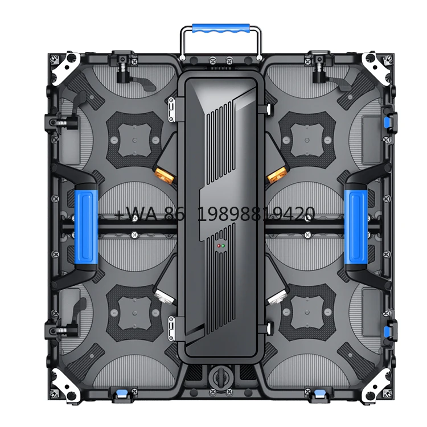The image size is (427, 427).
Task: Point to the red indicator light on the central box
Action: [217, 247]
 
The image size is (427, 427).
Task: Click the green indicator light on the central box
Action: [223, 247]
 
